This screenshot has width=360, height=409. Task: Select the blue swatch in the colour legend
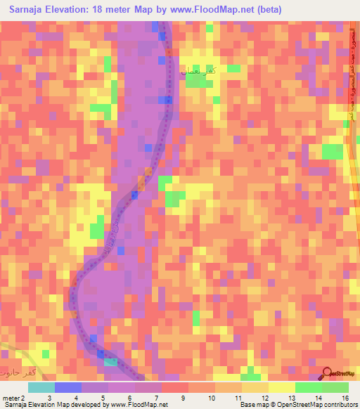click(68, 387)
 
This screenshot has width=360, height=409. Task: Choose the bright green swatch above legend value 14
click(308, 387)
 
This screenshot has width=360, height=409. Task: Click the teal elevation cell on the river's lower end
click(111, 362)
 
